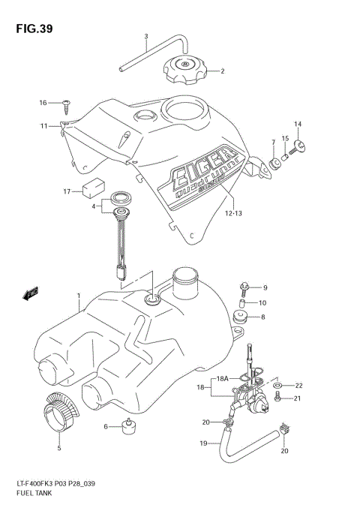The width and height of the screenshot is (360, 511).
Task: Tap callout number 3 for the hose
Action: tap(146, 37)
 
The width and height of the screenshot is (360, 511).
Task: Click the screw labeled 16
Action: tap(65, 103)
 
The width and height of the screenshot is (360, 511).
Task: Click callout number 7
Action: tap(272, 142)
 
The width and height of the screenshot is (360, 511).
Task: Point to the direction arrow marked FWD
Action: tap(31, 294)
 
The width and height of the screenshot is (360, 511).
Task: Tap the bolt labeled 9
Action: tap(245, 287)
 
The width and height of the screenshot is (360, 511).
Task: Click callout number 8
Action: tap(263, 317)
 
